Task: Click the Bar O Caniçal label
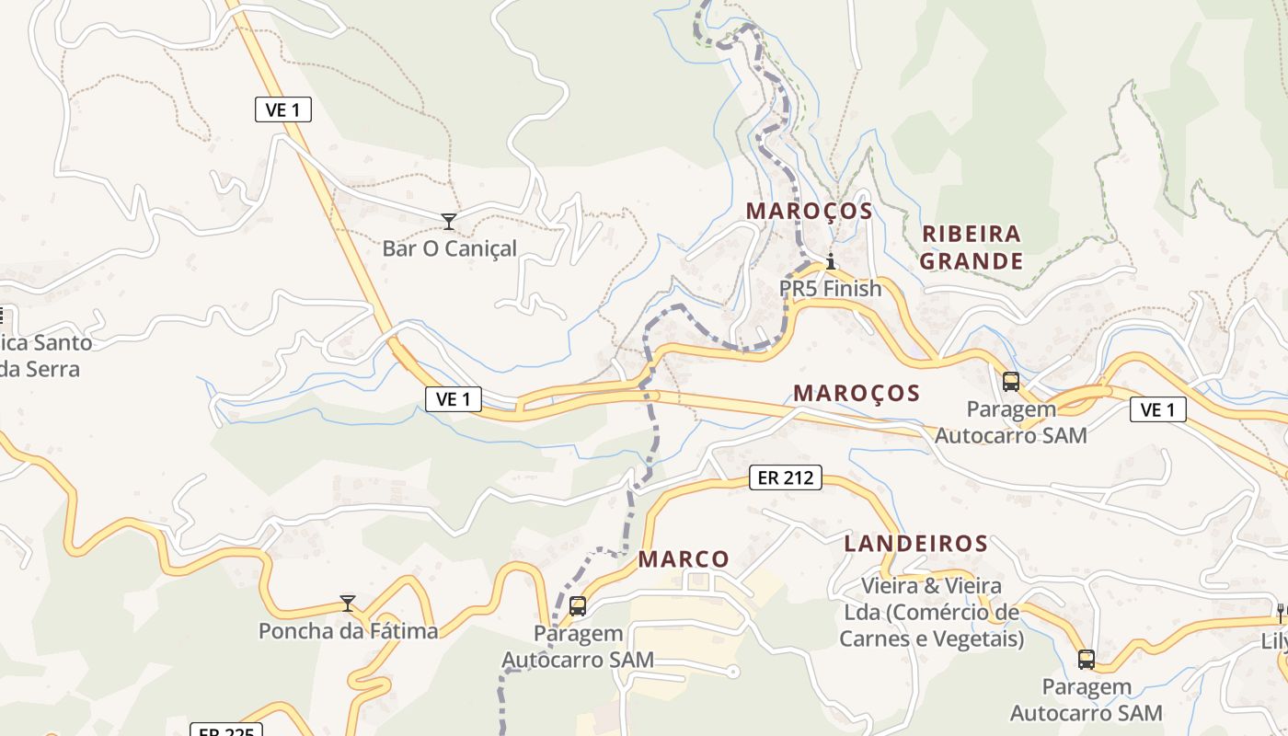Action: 450,248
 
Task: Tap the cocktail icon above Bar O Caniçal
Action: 449,221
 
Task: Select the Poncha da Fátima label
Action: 348,631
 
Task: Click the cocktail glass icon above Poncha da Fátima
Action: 348,604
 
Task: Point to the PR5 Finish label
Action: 830,288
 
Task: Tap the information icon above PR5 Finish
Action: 831,262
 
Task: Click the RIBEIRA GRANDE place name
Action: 972,247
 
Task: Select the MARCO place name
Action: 684,559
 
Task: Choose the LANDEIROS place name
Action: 916,544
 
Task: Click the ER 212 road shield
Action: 785,477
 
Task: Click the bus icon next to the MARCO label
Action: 578,606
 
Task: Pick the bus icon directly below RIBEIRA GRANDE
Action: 1011,381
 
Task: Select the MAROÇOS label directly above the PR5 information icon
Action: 809,211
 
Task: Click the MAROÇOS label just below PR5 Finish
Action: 857,393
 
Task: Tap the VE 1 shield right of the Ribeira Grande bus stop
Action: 1157,409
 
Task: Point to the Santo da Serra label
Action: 41,356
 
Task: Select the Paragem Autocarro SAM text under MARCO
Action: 578,647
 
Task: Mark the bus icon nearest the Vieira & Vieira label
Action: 1087,659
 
